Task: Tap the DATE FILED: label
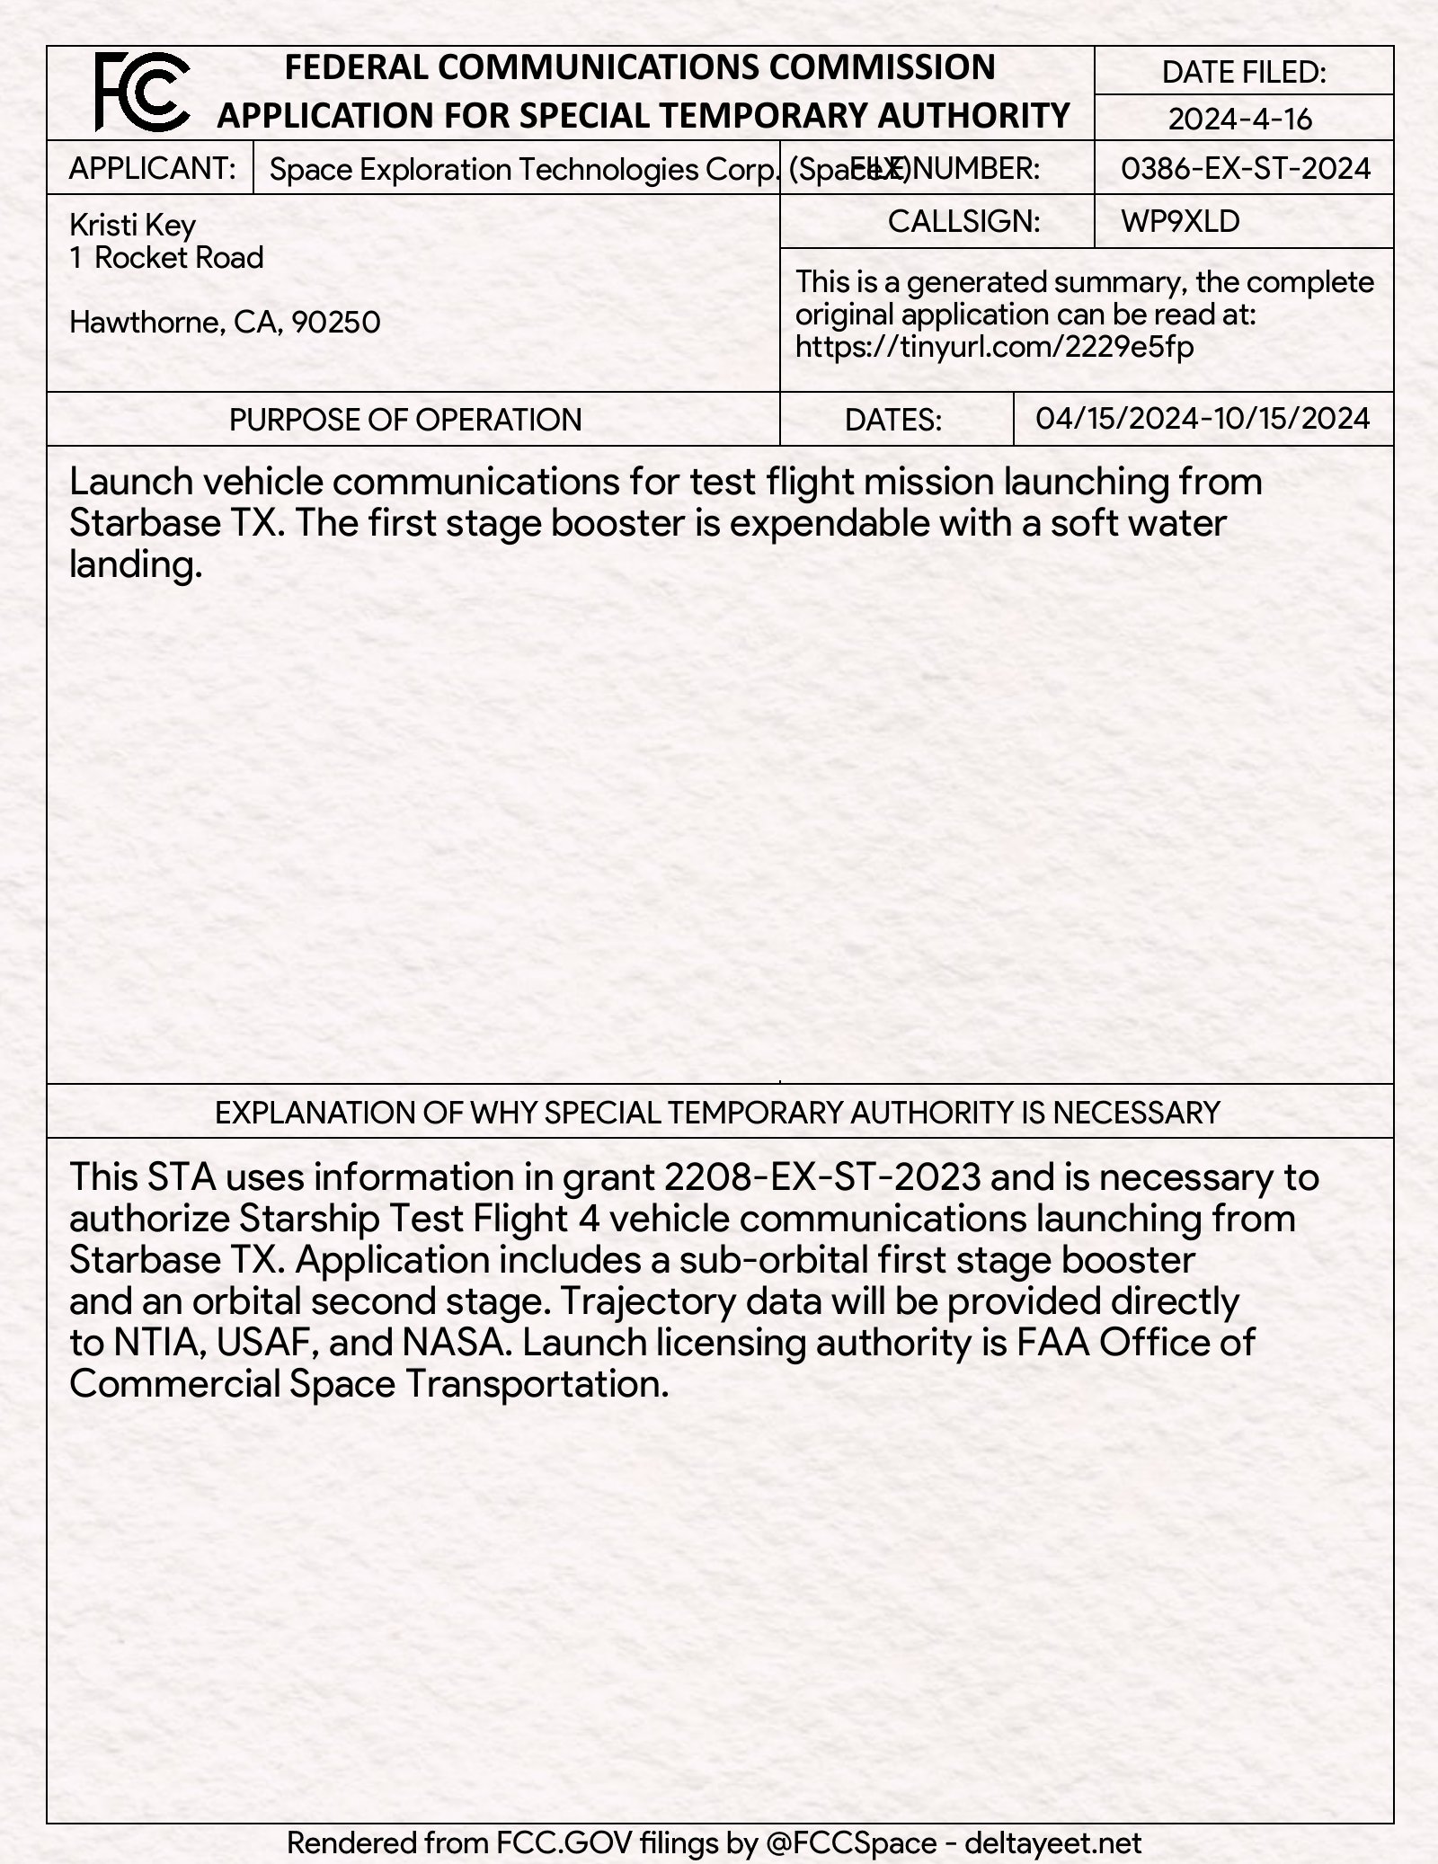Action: tap(1243, 72)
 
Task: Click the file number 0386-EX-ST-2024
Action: tap(1246, 168)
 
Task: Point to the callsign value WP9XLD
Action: tap(1180, 221)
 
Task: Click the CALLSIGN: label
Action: tap(963, 221)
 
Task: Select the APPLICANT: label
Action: tap(152, 168)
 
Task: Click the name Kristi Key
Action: tap(132, 225)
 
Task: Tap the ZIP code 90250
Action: tap(336, 322)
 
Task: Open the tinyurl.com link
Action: tap(994, 347)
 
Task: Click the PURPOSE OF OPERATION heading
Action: tap(405, 420)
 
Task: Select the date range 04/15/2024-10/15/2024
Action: tap(1203, 418)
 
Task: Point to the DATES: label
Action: tap(893, 420)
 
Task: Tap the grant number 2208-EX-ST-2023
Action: tap(823, 1176)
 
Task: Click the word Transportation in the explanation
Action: tap(537, 1384)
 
